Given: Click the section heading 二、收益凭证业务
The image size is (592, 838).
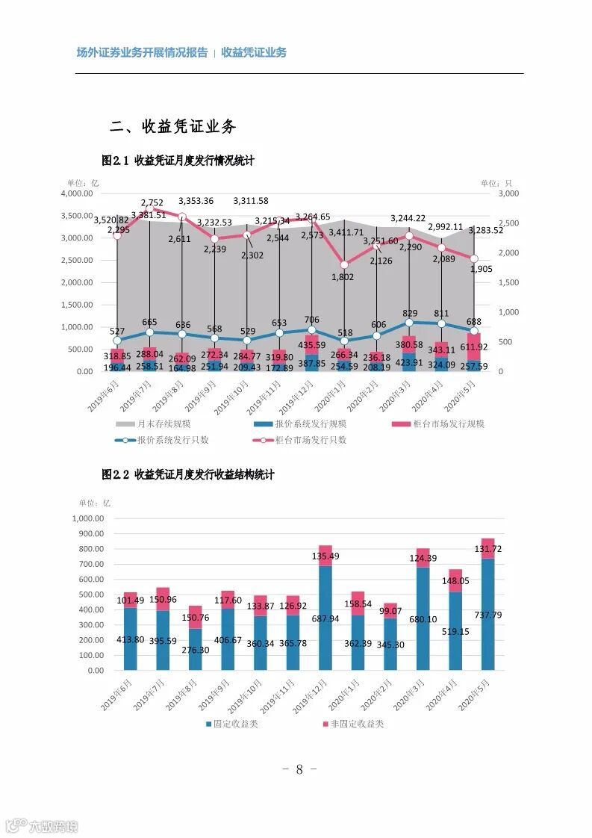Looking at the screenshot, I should pos(173,126).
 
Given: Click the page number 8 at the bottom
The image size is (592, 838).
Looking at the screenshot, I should pos(299,770).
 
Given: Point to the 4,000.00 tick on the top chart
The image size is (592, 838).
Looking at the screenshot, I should pos(78,193).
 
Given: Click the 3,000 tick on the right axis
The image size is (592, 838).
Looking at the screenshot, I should pos(507,193).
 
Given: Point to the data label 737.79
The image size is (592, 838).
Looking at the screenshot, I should pos(487,615).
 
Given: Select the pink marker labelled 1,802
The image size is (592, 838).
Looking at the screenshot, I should pos(344,264).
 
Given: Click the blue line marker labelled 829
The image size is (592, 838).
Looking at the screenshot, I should pos(409,323).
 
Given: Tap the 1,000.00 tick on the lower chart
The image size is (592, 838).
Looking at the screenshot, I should pos(89,518).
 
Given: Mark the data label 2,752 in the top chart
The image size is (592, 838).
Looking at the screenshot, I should pos(152,202).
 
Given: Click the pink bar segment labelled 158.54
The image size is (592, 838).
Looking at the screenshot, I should pos(358,603).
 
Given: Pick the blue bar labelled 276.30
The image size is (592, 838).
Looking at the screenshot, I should pos(195,649).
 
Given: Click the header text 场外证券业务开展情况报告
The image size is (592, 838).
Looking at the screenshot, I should pos(143,52).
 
